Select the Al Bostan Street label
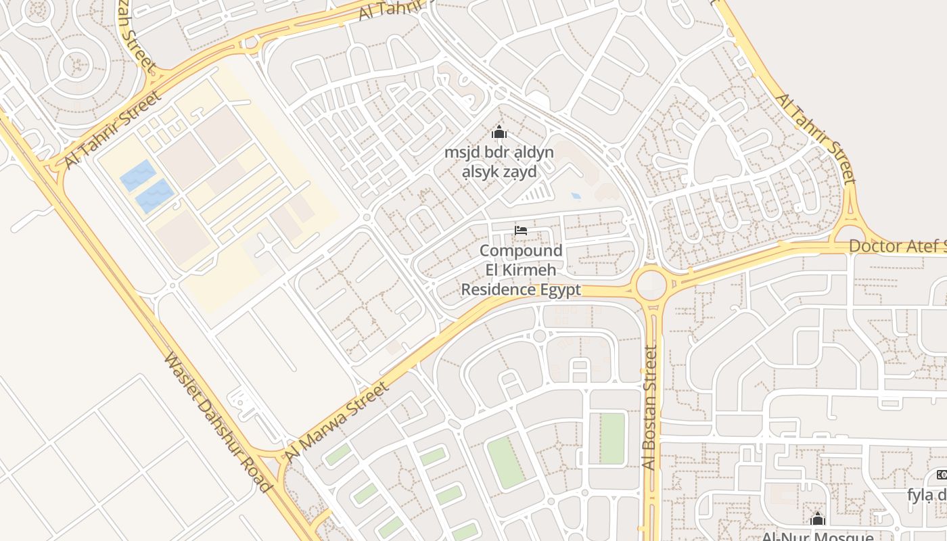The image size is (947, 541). pyautogui.click(x=649, y=408)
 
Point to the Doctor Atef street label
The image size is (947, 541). pyautogui.click(x=897, y=246)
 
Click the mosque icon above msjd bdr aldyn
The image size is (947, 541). pyautogui.click(x=499, y=132)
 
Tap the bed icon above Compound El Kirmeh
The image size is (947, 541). pyautogui.click(x=521, y=231)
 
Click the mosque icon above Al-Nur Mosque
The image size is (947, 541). pyautogui.click(x=818, y=519)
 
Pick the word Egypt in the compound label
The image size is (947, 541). pyautogui.click(x=560, y=290)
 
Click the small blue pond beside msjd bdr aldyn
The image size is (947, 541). pyautogui.click(x=576, y=196)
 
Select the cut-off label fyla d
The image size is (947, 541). pyautogui.click(x=926, y=495)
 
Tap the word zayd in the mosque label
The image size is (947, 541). pyautogui.click(x=517, y=172)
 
